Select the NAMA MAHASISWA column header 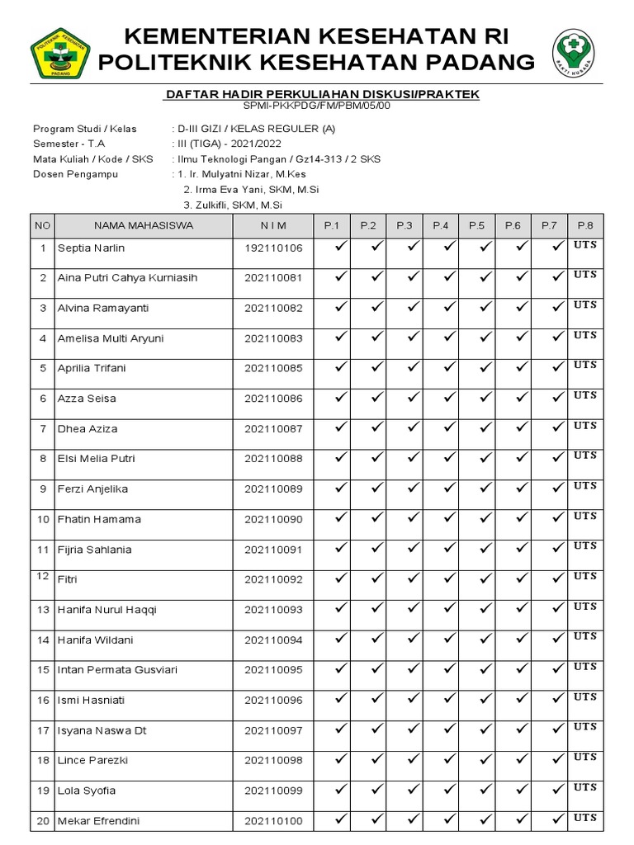click(144, 225)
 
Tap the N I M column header click(273, 225)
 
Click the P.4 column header click(441, 225)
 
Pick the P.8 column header click(585, 225)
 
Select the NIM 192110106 click(273, 248)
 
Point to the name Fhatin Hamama click(99, 519)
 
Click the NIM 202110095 click(273, 670)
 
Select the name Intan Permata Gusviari click(117, 670)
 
